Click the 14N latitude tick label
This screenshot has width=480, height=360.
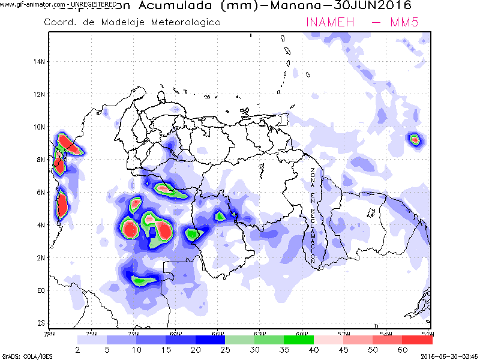click(40, 61)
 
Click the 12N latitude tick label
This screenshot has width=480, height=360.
click(40, 94)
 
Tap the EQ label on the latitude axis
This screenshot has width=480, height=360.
click(41, 290)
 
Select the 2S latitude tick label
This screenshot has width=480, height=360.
click(41, 323)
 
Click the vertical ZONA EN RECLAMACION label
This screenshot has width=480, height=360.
click(313, 216)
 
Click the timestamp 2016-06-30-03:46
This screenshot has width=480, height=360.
click(449, 355)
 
